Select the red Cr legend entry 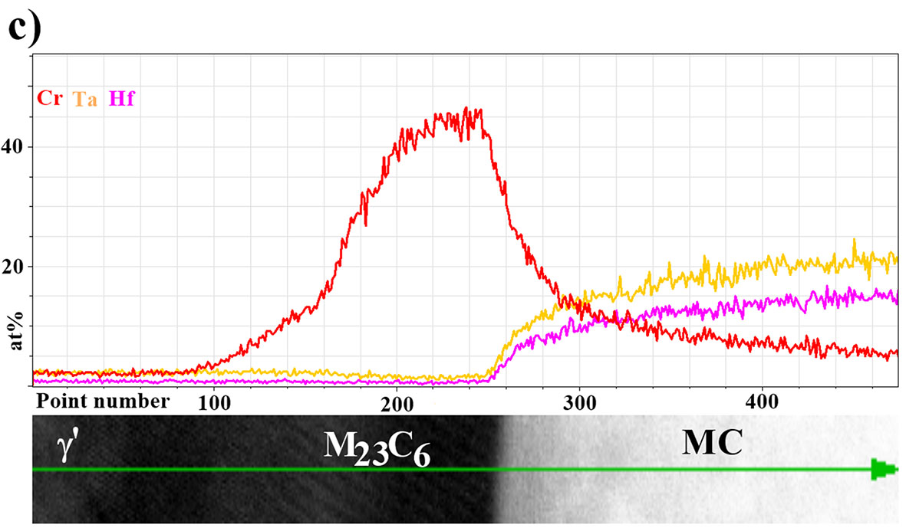coord(49,99)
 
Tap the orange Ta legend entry coord(84,99)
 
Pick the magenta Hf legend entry coord(122,99)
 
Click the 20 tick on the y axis coord(15,267)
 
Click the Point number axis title coord(103,401)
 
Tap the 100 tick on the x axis coord(215,401)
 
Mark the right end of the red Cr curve coord(896,353)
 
